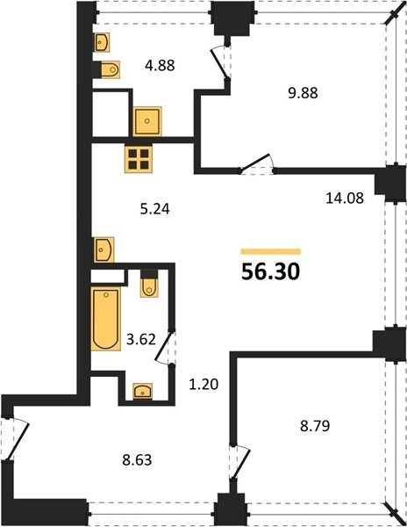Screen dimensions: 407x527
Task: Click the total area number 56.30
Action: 270,271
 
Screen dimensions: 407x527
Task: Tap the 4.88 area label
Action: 160,65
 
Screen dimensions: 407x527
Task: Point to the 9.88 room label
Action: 303,93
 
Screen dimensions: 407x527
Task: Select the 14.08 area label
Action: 345,198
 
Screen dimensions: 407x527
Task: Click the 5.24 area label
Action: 155,209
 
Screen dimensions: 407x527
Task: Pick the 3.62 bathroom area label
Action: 141,339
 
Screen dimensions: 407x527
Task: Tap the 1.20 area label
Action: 203,384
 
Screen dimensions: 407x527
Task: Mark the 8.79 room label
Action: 315,425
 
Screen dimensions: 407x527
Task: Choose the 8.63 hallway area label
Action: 137,459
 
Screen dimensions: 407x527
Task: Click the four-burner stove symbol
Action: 139,159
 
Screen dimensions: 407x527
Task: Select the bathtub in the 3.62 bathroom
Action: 105,318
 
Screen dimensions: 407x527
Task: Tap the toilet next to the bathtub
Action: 149,284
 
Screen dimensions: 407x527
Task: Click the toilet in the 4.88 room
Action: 107,70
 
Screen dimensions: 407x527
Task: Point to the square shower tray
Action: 147,121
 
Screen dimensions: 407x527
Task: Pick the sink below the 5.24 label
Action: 104,249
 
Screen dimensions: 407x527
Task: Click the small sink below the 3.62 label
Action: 143,391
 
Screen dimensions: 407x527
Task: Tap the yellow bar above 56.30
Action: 271,252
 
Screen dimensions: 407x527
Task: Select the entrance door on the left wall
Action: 18,438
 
